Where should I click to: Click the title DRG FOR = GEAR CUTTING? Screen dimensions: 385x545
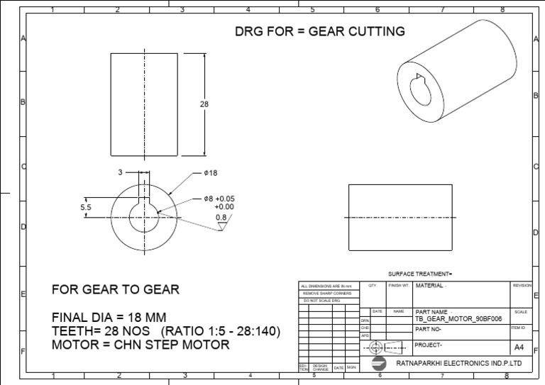click(320, 31)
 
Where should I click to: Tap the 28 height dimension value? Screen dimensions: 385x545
click(204, 104)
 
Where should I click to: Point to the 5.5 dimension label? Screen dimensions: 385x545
click(86, 207)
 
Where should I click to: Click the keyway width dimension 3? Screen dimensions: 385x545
click(120, 172)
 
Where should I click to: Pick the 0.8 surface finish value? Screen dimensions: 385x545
click(220, 217)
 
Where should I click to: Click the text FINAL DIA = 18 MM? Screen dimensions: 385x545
click(109, 317)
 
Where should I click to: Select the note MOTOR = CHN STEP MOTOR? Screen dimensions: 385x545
click(141, 345)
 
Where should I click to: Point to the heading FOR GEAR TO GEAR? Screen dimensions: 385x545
click(115, 289)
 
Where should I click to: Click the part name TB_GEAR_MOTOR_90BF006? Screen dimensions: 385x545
click(458, 319)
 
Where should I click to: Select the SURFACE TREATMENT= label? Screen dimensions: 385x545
click(420, 274)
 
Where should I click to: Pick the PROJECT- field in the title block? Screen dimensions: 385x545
click(429, 345)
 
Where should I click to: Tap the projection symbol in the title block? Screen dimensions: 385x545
click(376, 347)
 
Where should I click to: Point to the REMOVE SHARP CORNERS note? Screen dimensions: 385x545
click(327, 293)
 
